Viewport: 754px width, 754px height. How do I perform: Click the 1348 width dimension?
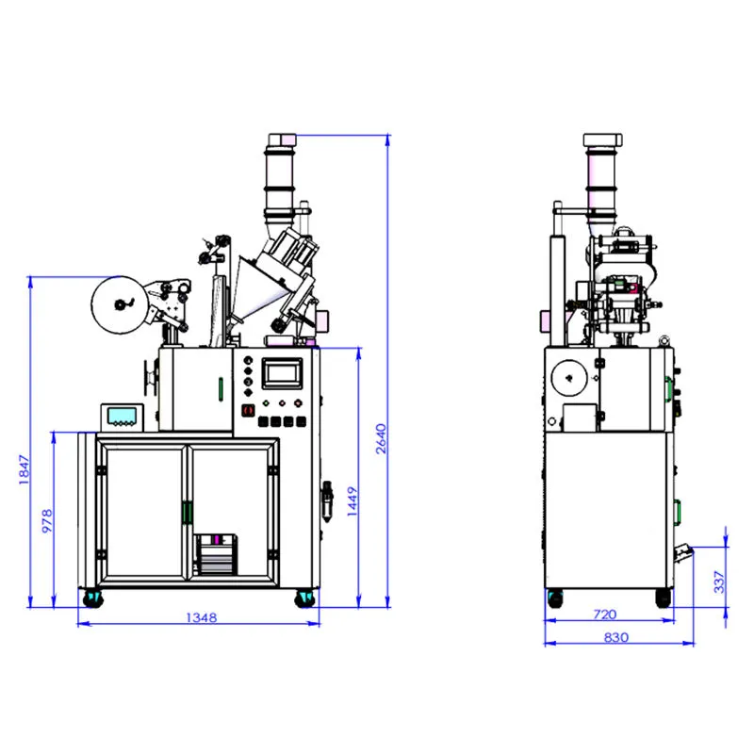[201, 618]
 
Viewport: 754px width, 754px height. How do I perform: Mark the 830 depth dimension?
[614, 637]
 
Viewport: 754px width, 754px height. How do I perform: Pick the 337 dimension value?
[720, 582]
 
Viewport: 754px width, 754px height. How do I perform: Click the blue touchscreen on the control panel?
[283, 373]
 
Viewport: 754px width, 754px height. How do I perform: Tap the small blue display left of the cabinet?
[122, 416]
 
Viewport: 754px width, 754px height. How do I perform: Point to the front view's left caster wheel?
[92, 598]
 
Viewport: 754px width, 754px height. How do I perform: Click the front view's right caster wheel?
[306, 598]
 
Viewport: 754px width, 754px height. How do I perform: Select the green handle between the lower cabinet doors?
[187, 512]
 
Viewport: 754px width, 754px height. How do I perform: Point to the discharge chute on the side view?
[681, 552]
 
